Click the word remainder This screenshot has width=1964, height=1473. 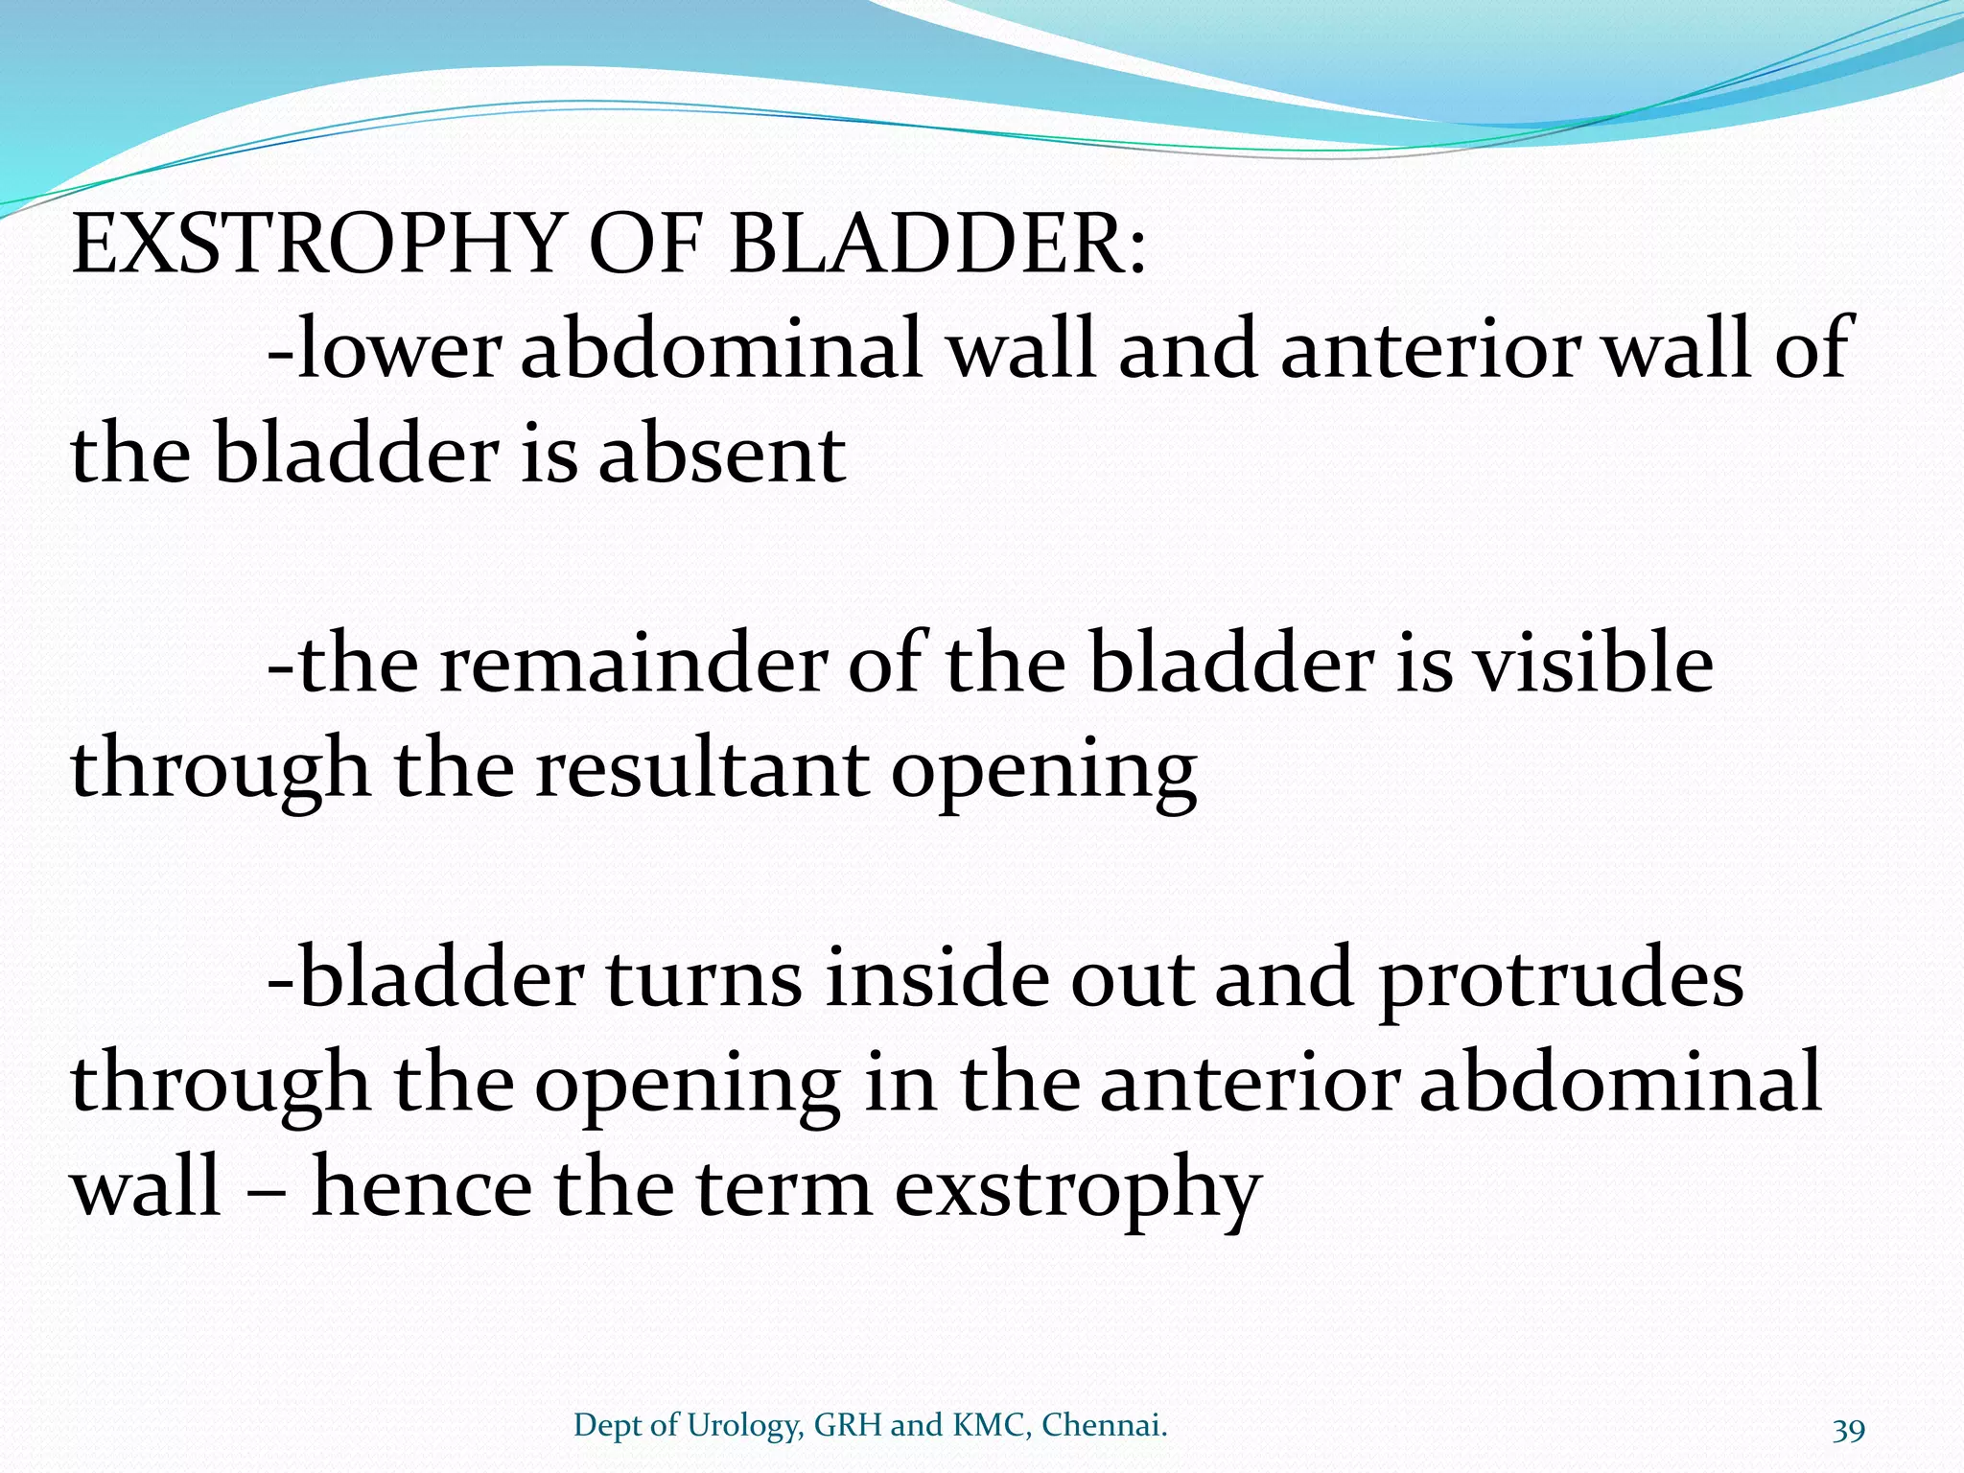click(633, 664)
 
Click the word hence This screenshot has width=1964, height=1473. click(422, 1188)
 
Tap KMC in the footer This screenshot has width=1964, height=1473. click(990, 1425)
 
